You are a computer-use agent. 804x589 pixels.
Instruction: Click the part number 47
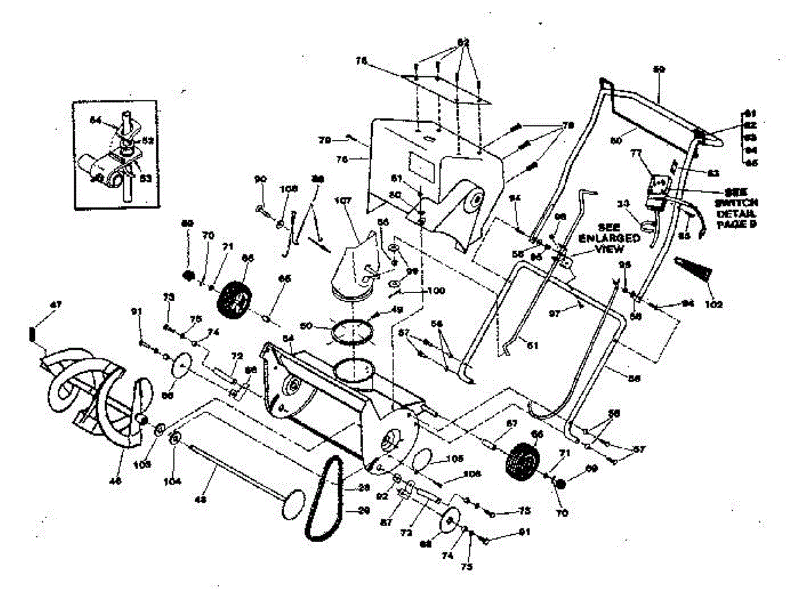[57, 305]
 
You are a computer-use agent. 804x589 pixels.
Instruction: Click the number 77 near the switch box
[637, 153]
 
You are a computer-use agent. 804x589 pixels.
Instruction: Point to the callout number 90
[261, 179]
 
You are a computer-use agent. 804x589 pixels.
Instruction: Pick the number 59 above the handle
[659, 69]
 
